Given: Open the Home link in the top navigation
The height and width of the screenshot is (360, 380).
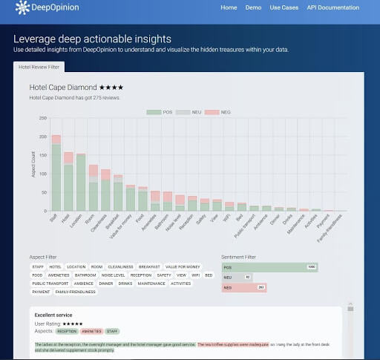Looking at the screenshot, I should click(229, 7).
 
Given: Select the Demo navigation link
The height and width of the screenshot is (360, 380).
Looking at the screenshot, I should click(253, 7).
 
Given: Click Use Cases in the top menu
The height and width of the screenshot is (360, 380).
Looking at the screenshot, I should click(284, 7).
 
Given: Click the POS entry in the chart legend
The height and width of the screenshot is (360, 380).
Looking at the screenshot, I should click(159, 112).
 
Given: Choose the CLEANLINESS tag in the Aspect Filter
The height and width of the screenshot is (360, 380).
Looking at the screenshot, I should click(120, 266).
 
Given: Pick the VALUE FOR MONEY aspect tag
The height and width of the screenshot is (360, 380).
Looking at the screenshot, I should click(184, 266).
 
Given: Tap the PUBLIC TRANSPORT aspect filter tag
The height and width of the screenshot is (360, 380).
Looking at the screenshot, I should click(50, 283).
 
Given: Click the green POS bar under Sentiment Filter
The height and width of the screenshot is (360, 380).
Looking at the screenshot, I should click(269, 266).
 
